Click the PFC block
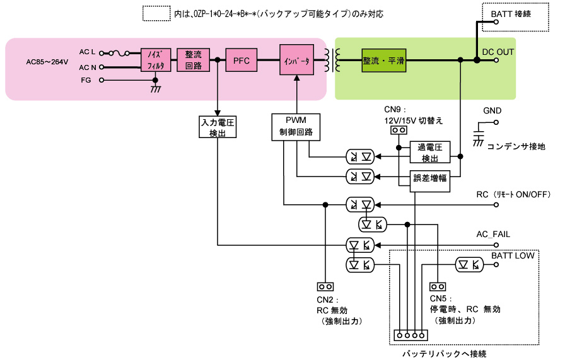241,61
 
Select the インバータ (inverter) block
296,61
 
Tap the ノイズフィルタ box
154,61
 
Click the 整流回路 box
193,61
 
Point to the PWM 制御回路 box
296,127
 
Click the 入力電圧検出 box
218,127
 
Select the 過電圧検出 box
430,152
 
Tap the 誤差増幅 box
430,178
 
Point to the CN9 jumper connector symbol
398,131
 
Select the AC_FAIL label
493,234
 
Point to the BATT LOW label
513,255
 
